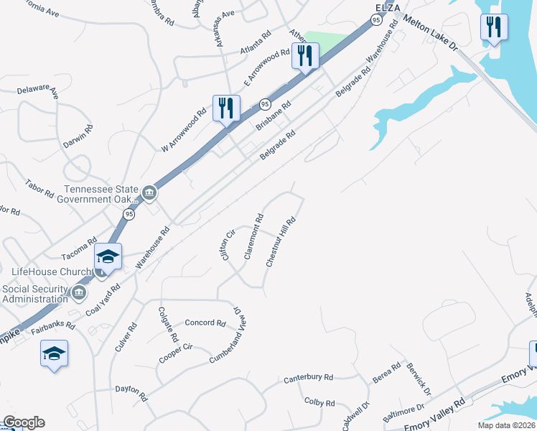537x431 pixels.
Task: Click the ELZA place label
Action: point(387,7)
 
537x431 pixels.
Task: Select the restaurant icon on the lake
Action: point(493,27)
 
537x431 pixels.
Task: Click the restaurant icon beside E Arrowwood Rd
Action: point(305,55)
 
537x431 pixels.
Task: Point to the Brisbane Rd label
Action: point(273,116)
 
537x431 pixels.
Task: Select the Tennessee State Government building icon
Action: point(149,193)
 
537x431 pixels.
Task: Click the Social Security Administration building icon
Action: point(78,292)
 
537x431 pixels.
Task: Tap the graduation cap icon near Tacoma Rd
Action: point(108,256)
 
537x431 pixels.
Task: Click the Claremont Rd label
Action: point(253,236)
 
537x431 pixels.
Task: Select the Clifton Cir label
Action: point(228,245)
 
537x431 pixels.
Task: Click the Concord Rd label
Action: point(205,323)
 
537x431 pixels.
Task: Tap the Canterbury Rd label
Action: point(309,377)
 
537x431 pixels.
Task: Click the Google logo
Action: point(24,422)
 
